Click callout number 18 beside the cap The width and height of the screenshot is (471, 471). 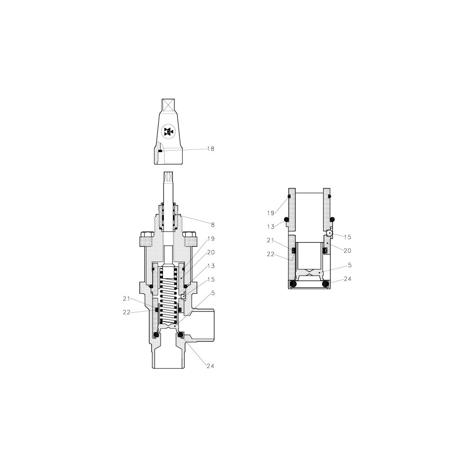coord(211,149)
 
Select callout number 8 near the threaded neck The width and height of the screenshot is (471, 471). coord(213,225)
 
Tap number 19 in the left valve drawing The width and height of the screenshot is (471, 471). coord(211,239)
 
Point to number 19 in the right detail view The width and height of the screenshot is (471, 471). coord(271,213)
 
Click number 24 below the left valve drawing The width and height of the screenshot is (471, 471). coord(210,366)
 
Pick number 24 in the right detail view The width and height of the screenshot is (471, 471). coord(348,279)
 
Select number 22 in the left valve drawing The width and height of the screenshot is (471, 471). coord(126,312)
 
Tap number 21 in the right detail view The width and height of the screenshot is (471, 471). coord(271,240)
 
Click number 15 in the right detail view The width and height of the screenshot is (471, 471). coord(348,237)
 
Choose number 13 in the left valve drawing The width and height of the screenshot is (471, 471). coord(211,266)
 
